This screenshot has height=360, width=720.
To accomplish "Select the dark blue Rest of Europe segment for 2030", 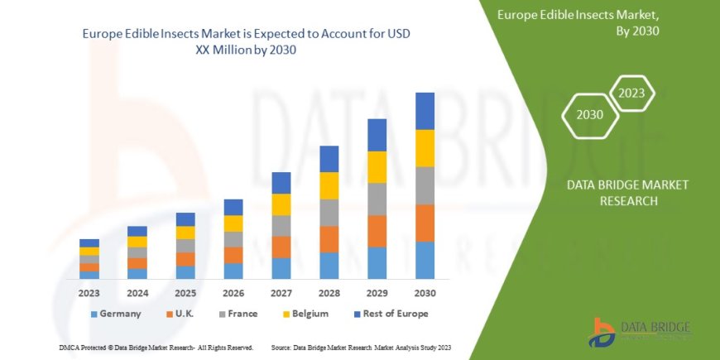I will tap(425, 111).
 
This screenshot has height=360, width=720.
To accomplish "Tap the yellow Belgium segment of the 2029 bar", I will tap(377, 167).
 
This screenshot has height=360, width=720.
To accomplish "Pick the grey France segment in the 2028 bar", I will tap(329, 213).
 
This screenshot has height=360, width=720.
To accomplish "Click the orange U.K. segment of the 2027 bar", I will tap(281, 247).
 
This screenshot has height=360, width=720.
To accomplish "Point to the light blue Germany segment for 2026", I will tap(233, 271).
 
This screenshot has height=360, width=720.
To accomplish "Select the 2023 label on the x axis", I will tap(89, 292).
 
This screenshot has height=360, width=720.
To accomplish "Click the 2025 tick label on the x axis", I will tap(185, 292).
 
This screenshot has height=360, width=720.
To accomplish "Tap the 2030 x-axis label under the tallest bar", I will tap(425, 292).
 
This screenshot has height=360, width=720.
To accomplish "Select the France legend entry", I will tap(238, 314).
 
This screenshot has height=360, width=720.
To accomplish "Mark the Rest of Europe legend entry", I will tap(386, 314).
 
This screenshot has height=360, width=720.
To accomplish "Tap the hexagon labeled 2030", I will tap(589, 115).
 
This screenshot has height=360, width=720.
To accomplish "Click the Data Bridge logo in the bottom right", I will tap(638, 332).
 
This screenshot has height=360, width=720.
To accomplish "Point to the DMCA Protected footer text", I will tap(156, 347).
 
